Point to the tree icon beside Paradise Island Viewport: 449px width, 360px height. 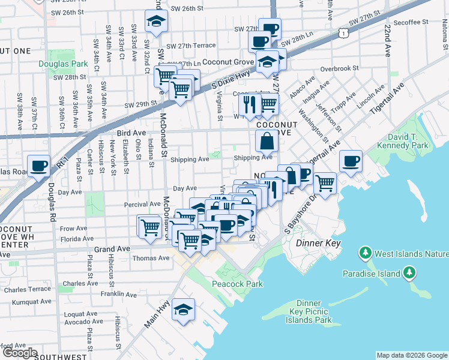(409, 274)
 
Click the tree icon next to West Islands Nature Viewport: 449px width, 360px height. (365, 254)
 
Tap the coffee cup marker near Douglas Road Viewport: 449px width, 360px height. (39, 165)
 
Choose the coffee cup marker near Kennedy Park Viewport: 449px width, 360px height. (351, 160)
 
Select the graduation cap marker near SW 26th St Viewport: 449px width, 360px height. (156, 21)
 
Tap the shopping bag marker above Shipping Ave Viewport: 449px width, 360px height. (267, 142)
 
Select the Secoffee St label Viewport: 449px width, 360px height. (411, 22)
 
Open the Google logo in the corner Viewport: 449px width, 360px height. (19, 353)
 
